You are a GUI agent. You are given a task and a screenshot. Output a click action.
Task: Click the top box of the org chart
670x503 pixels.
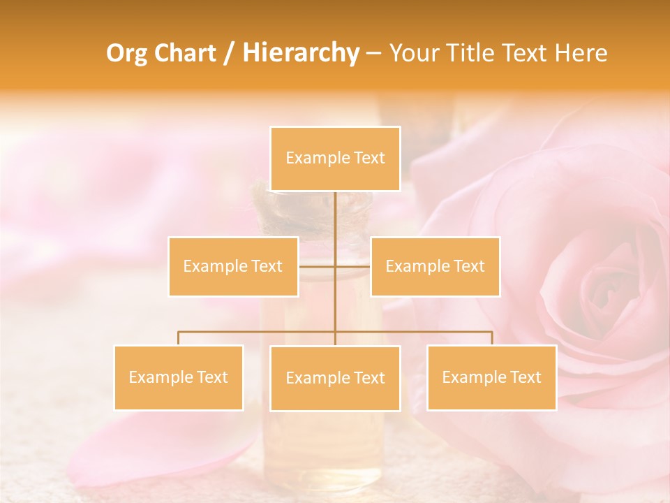[x=335, y=159]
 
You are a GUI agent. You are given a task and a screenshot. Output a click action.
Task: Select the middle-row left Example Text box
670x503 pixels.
[x=233, y=266]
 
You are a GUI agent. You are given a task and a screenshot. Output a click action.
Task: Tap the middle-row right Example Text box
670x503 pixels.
[x=435, y=266]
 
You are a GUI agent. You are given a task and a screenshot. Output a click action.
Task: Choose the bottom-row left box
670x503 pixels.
[x=179, y=377]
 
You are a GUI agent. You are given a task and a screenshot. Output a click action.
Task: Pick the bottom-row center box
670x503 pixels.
[x=335, y=378]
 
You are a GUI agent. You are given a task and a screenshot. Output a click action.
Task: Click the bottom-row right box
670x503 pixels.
[x=491, y=377]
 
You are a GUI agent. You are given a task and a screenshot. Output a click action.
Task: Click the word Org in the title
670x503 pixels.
[x=126, y=53]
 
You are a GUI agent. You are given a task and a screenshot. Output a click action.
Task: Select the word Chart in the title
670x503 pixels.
[x=184, y=53]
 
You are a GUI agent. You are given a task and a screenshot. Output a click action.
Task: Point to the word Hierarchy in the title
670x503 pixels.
[x=300, y=53]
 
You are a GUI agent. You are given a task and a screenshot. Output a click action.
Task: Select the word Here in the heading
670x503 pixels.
[x=581, y=53]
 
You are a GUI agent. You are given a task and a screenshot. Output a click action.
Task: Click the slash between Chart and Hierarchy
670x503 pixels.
[x=229, y=53]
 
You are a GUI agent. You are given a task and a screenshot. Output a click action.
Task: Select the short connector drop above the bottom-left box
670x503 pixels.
[x=179, y=338]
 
